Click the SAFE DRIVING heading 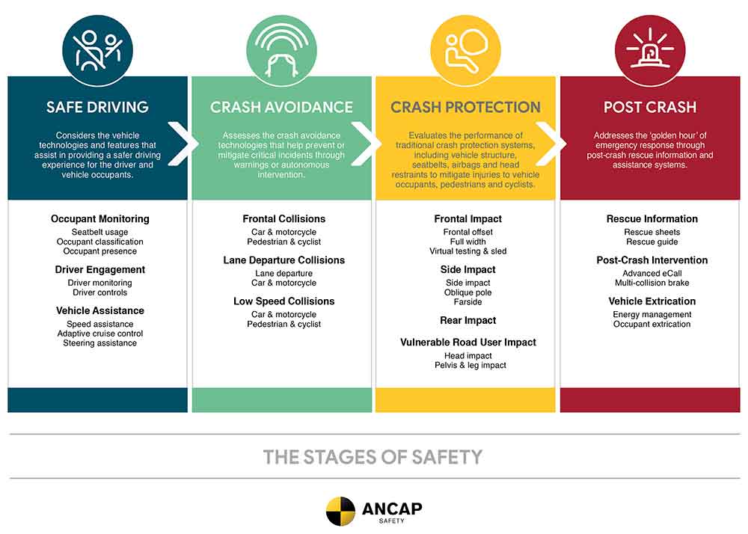click(x=97, y=107)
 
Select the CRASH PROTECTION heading click(x=465, y=107)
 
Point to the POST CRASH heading click(x=650, y=107)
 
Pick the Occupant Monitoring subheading click(x=100, y=219)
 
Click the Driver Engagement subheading click(x=100, y=270)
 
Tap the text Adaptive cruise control click(x=100, y=334)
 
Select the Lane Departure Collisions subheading click(x=283, y=260)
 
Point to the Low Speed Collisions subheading click(x=283, y=301)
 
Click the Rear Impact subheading click(x=468, y=320)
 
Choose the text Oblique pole click(x=468, y=292)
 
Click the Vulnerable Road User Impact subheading click(x=468, y=343)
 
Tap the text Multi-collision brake click(x=652, y=283)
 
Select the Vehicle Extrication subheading click(x=652, y=301)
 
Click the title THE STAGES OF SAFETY click(x=373, y=457)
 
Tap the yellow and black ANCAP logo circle click(x=340, y=511)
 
